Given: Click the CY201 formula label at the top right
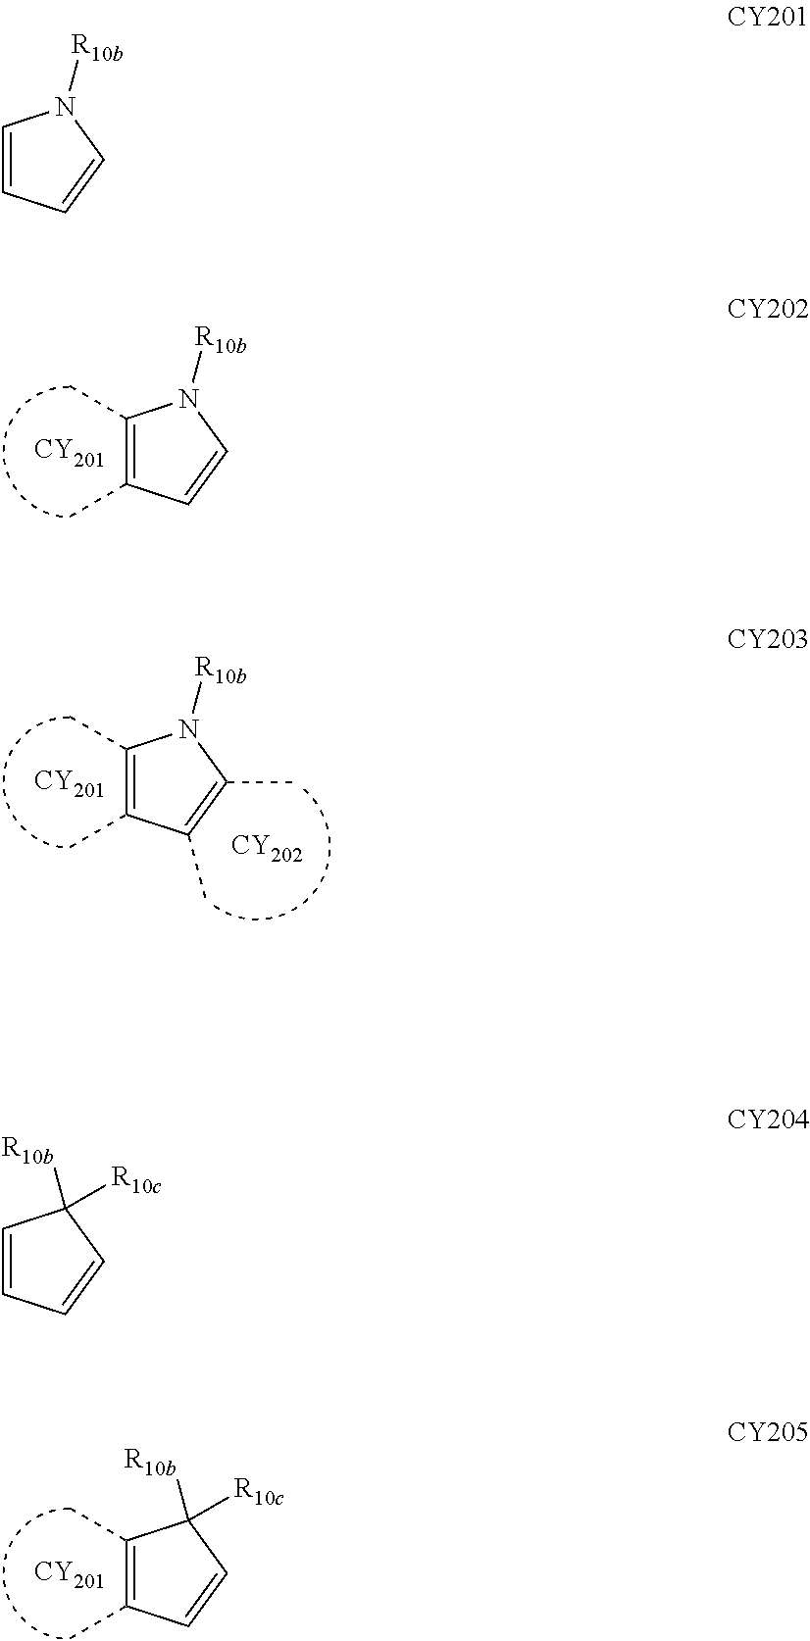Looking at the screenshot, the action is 767,17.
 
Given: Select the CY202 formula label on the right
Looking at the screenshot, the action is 767,309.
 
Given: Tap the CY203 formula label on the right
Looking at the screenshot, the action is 767,639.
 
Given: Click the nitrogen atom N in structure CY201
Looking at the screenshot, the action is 66,107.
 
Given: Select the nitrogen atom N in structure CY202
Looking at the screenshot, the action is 190,399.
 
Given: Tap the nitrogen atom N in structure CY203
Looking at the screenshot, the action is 190,729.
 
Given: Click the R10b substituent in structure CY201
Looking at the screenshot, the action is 95,48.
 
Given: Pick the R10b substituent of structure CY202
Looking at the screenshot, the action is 220,341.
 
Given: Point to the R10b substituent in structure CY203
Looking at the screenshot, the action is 220,671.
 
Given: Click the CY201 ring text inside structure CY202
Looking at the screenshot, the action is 69,453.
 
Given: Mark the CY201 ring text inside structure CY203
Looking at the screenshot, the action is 69,783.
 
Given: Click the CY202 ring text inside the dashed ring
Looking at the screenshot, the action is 267,848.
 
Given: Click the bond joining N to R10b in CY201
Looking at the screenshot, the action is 75,78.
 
